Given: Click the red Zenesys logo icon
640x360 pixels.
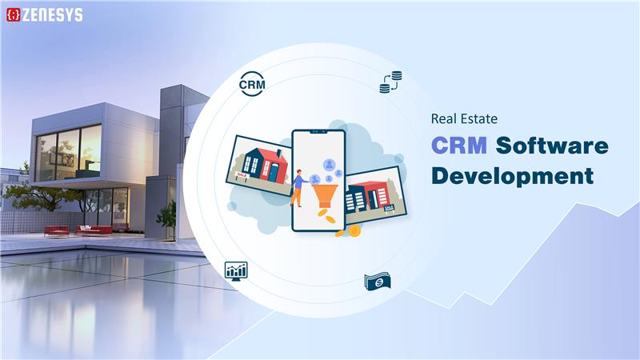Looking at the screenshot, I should [x=13, y=14].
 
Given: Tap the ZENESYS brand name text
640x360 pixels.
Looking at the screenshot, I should [x=52, y=14].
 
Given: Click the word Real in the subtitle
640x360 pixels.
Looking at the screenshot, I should [x=445, y=119].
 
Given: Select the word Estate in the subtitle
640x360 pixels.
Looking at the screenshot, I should [x=480, y=119].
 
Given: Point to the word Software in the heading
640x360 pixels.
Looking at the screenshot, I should [x=551, y=146].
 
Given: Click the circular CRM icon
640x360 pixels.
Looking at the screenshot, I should [x=252, y=83].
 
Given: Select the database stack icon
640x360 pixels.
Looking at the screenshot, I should [x=390, y=82].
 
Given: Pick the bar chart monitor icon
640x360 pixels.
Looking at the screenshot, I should [x=236, y=270].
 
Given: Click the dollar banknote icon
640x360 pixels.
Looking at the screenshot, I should [x=377, y=282].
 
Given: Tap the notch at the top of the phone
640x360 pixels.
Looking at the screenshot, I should [x=318, y=134].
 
